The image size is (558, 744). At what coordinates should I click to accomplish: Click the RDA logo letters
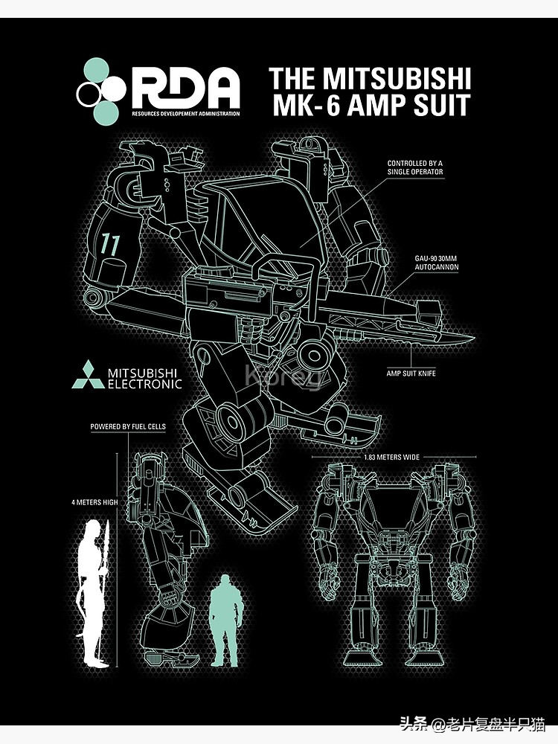186,88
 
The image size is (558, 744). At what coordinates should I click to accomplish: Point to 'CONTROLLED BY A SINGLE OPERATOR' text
415,167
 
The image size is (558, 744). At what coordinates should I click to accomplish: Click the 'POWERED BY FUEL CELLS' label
128,427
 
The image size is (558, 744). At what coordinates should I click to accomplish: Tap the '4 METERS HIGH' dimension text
94,502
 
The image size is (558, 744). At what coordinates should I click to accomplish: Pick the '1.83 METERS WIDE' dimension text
392,457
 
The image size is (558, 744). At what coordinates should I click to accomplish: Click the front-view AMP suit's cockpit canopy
394,510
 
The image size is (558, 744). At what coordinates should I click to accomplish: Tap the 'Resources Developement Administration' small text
186,114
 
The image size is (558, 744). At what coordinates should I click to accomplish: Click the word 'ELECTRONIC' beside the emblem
144,384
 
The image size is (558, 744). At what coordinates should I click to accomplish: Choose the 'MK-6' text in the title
307,105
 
